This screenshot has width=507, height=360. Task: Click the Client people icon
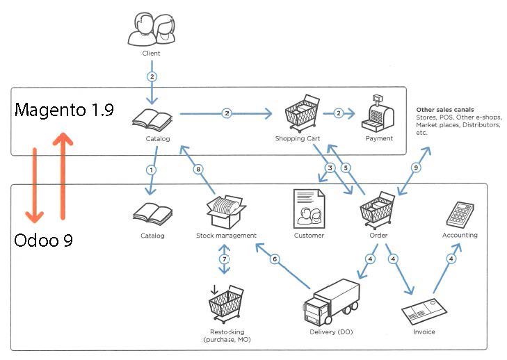151,30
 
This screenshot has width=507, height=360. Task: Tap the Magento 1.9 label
64,110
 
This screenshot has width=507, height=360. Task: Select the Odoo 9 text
43,240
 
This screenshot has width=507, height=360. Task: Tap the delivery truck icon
332,302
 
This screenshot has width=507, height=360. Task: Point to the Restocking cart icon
227,302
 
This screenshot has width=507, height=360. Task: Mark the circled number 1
152,170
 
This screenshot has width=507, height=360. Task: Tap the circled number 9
416,167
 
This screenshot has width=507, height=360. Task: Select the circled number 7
224,259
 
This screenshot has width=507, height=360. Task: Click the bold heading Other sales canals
444,110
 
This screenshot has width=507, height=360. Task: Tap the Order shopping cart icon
378,209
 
